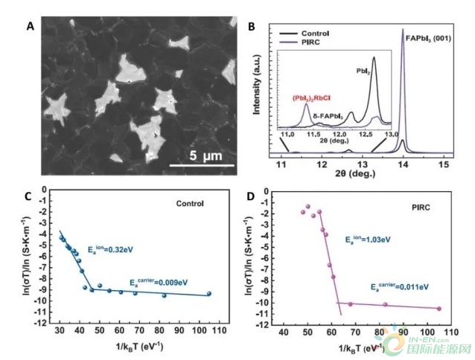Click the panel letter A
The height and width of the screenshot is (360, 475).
point(30,27)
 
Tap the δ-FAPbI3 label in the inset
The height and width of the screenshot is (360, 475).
point(328,115)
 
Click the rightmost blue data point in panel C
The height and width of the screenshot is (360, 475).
point(209,294)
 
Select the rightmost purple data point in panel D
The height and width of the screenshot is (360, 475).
point(439,309)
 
